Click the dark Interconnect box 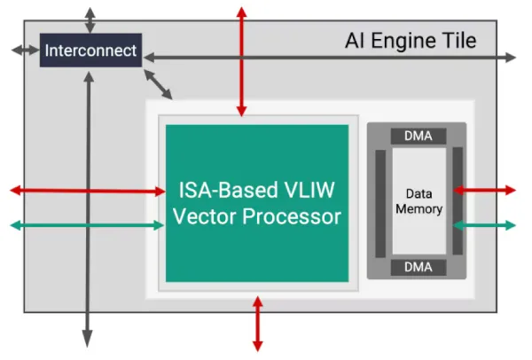(x=90, y=51)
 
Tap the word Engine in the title (x=404, y=41)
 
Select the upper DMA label (x=418, y=136)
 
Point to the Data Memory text (x=418, y=201)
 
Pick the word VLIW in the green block (x=311, y=189)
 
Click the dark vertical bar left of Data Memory (x=380, y=201)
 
